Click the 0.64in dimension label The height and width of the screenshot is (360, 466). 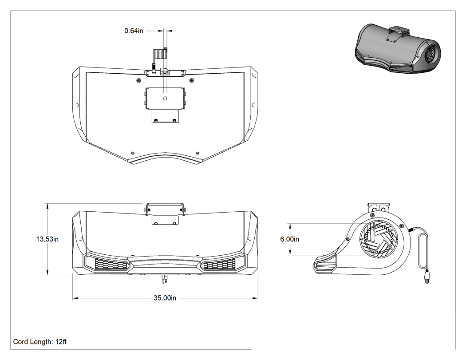click(x=134, y=31)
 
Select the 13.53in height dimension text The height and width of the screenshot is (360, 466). click(x=47, y=239)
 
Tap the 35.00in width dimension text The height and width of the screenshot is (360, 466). click(x=165, y=298)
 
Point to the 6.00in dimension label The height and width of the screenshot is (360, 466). click(x=290, y=239)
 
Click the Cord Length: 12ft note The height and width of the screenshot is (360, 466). click(x=40, y=341)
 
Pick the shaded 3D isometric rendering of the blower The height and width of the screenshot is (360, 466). click(x=397, y=49)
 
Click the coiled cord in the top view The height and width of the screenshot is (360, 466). click(x=160, y=55)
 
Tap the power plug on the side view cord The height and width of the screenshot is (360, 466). click(x=427, y=277)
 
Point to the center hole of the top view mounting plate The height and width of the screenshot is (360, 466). click(x=165, y=99)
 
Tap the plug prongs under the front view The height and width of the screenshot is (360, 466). click(x=163, y=280)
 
